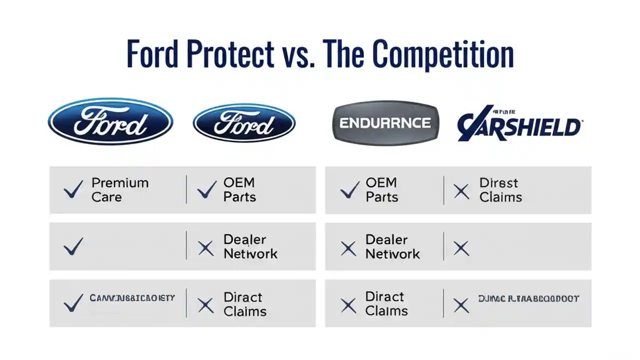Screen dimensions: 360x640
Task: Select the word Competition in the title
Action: (x=443, y=55)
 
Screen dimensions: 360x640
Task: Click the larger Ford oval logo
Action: (x=110, y=121)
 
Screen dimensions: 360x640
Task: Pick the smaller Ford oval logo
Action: (x=244, y=123)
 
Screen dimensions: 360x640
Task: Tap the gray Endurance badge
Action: (x=385, y=122)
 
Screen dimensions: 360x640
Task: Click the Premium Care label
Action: (x=120, y=190)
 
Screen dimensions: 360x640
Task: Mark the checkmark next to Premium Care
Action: (x=73, y=190)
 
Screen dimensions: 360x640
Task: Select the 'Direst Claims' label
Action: (x=500, y=190)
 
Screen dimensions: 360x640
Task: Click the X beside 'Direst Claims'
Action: (x=461, y=191)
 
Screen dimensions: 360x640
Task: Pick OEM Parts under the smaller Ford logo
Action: (x=239, y=190)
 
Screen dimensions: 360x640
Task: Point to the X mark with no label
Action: (x=461, y=248)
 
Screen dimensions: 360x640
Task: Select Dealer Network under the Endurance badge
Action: (x=392, y=246)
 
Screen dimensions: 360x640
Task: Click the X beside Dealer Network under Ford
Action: (x=205, y=248)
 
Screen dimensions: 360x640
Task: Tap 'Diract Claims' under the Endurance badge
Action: (x=386, y=303)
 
